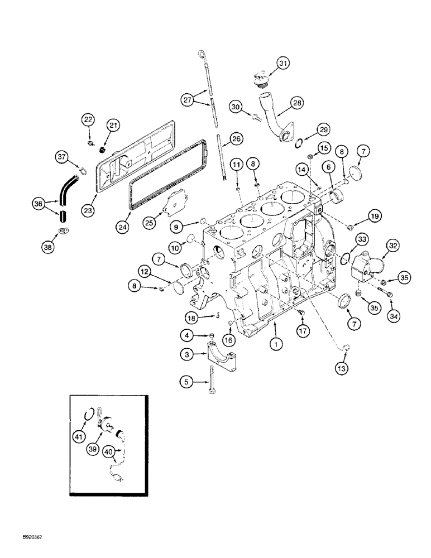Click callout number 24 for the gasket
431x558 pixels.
[126, 226]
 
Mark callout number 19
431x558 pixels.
[372, 216]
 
